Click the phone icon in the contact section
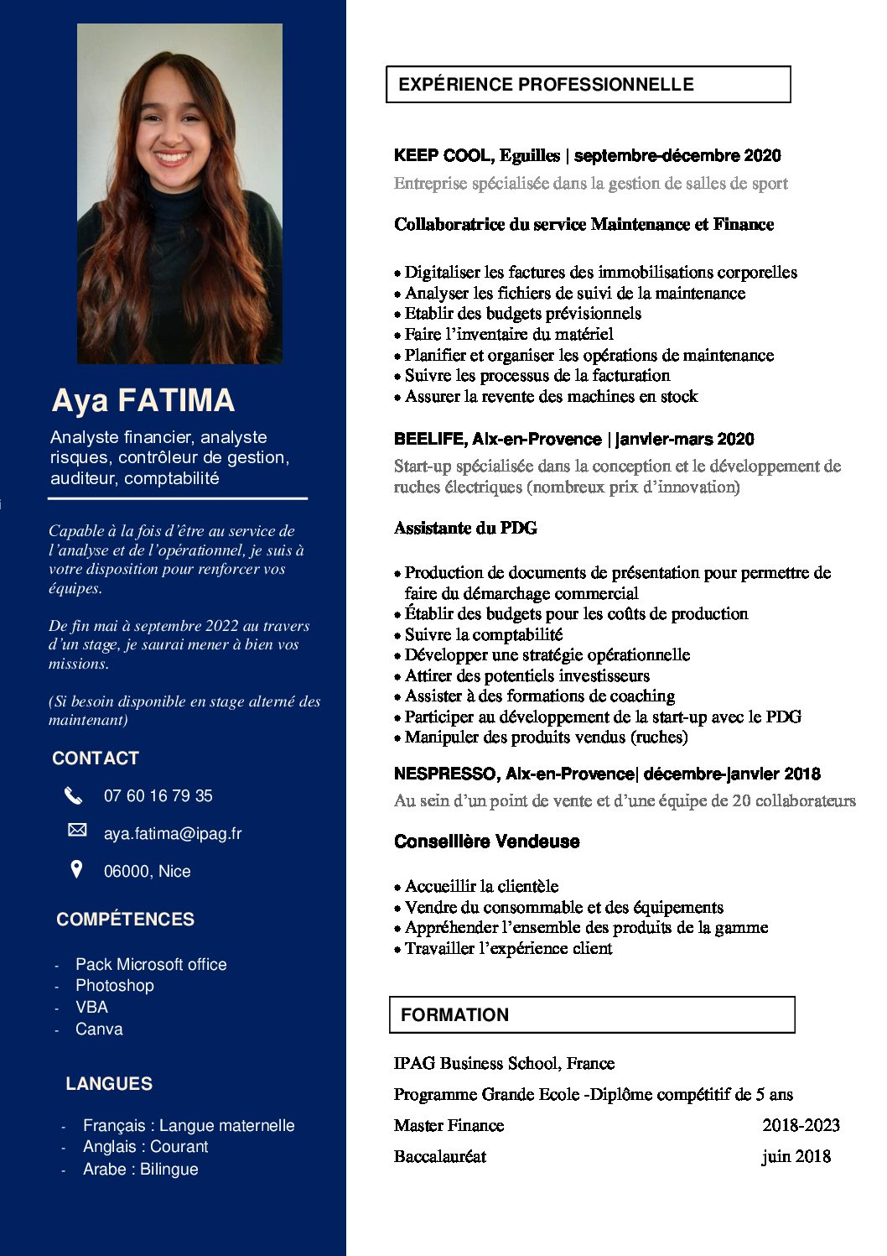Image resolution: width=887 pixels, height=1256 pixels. click(74, 795)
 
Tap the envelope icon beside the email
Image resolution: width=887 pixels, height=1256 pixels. click(77, 830)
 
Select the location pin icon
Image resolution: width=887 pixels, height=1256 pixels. click(76, 869)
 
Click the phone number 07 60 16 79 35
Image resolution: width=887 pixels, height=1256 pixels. click(158, 795)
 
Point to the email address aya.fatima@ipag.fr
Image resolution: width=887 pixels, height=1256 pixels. click(172, 833)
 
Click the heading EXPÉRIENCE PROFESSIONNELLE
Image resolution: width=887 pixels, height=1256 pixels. click(546, 85)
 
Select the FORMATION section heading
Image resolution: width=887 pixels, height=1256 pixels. click(454, 1014)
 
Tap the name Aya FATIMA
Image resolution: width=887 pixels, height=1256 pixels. click(143, 400)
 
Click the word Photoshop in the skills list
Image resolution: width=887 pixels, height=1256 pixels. click(114, 985)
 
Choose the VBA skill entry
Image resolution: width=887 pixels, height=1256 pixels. click(91, 1007)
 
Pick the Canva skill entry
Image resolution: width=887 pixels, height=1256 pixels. click(99, 1029)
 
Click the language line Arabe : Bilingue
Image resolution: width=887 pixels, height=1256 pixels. click(140, 1169)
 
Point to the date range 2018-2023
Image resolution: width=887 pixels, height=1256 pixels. click(801, 1125)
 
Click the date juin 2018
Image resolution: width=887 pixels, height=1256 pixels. click(796, 1156)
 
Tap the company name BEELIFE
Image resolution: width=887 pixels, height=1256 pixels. click(429, 439)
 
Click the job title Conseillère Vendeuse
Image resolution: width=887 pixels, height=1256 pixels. click(486, 841)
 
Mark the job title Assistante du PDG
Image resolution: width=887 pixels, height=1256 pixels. click(465, 528)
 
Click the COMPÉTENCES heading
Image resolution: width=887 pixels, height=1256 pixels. click(125, 919)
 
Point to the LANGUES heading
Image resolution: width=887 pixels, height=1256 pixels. click(109, 1083)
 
